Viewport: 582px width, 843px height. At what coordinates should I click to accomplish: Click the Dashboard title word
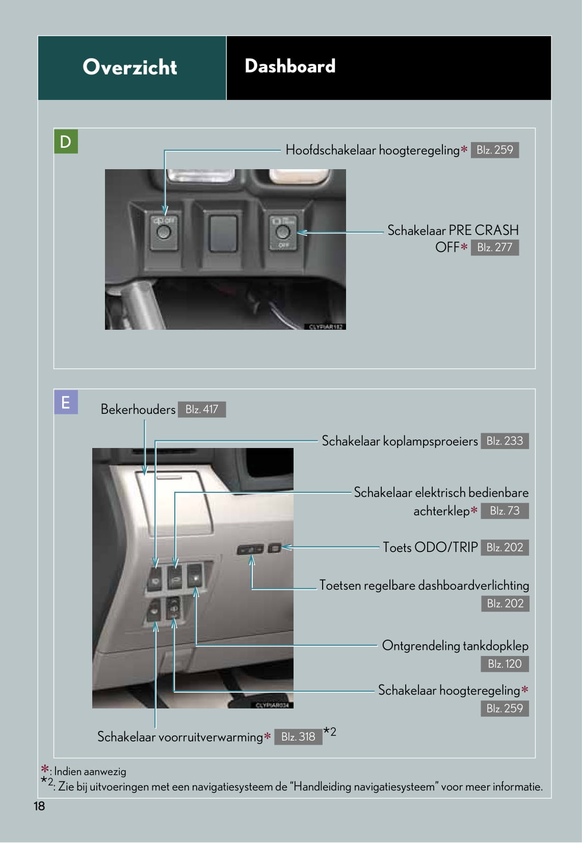point(290,66)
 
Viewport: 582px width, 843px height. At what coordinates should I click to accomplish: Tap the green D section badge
point(66,142)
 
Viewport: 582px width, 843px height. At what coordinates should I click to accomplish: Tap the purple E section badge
point(66,402)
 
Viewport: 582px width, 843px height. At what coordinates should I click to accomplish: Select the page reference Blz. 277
point(495,247)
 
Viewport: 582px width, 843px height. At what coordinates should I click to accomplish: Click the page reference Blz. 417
point(202,409)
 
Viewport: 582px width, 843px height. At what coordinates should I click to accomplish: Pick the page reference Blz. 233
point(505,441)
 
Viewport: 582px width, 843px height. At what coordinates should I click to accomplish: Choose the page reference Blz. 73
point(505,511)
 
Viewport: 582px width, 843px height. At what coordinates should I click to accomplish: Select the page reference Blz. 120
point(505,664)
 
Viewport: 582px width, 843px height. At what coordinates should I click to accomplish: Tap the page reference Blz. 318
point(298,736)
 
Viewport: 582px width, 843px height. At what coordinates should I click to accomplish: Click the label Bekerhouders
point(138,409)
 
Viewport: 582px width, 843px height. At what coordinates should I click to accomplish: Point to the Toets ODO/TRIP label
point(431,547)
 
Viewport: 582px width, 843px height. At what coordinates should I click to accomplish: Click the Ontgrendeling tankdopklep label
point(455,646)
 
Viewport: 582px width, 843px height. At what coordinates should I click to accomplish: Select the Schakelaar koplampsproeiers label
point(400,441)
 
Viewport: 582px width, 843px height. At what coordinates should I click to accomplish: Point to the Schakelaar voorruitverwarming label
point(180,737)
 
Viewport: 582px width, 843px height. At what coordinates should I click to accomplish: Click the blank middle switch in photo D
point(223,233)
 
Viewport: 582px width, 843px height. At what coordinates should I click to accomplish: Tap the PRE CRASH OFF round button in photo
point(282,232)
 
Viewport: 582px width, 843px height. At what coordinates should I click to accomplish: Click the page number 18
point(39,806)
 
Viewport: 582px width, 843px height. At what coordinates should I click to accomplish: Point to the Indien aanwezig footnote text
point(90,772)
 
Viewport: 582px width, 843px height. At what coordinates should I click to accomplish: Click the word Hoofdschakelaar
point(331,150)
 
